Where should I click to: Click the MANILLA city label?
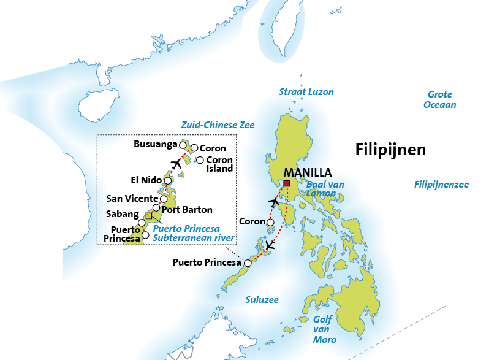pos(307,173)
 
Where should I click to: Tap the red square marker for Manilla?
pos(286,183)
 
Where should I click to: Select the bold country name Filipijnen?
pos(390,150)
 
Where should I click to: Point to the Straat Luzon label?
pos(306,92)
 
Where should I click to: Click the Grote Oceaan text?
pos(440,99)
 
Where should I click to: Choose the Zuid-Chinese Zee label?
pos(218,125)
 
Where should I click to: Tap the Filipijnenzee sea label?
pos(441,184)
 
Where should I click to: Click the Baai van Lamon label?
pos(325,189)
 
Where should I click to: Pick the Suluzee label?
pos(262,300)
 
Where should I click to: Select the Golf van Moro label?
pos(325,329)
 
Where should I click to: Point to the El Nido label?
pos(146,180)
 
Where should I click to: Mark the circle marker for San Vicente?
pos(164,199)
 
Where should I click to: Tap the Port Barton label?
pos(188,209)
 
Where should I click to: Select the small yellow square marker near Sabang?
pos(148,216)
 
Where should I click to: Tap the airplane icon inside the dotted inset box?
pos(177,163)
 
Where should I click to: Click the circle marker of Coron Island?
pos(200,161)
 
